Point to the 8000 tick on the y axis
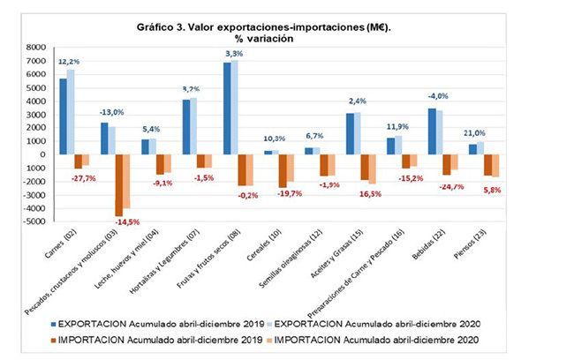click(36, 47)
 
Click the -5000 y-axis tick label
click(34, 221)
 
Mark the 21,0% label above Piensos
click(475, 133)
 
